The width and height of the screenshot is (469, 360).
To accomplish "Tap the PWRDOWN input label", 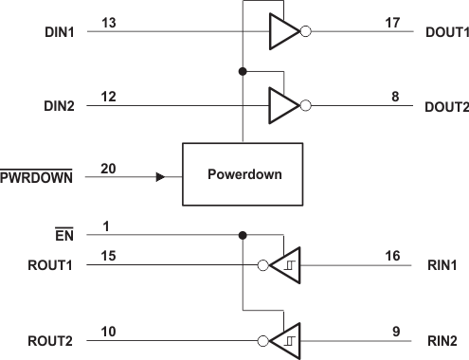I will point(40,176).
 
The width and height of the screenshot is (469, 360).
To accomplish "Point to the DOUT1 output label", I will point(446,31).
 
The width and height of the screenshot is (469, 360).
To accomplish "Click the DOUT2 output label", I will point(446,106).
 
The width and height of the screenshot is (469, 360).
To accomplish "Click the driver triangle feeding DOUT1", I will point(281,31).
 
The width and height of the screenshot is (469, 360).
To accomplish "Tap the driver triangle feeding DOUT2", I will point(281,102).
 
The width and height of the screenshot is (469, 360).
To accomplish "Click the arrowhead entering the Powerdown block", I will point(160,176).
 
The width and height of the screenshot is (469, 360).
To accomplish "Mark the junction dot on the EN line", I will point(244,234).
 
